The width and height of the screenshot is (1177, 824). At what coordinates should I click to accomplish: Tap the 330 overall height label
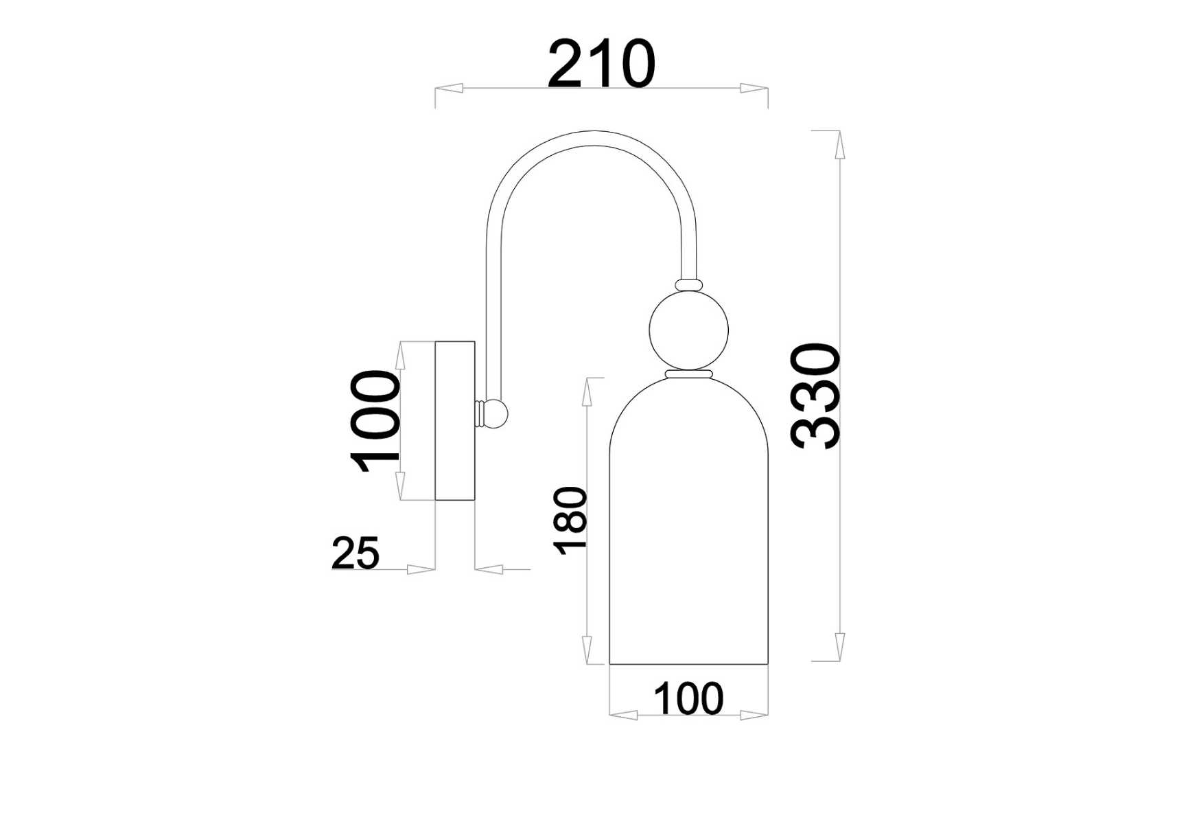815,396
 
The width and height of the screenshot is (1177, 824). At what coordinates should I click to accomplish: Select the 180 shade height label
571,520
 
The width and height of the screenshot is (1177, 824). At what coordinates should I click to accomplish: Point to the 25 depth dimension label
355,553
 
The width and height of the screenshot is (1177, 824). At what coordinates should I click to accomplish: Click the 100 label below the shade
688,699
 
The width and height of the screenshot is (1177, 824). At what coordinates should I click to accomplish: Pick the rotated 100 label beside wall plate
375,421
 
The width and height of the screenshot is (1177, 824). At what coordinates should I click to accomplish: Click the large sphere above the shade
688,330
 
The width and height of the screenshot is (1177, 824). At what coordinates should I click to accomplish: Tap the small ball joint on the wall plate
497,413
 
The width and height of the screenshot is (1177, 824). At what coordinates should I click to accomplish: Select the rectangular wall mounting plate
455,421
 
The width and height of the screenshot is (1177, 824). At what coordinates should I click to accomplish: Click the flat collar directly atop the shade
688,374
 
